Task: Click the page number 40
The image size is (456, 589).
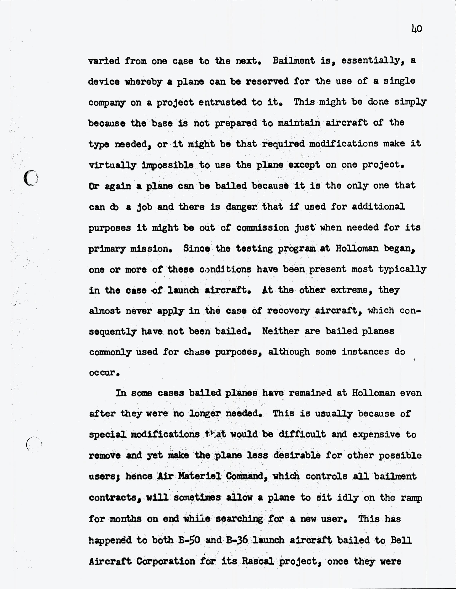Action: click(x=417, y=29)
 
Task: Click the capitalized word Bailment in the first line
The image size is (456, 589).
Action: click(x=293, y=61)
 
